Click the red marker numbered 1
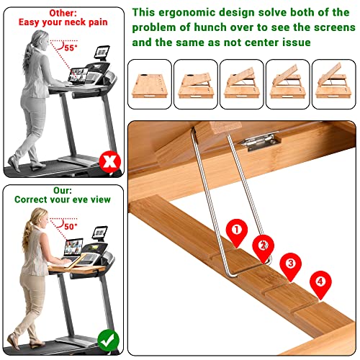(235, 230)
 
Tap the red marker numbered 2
(263, 246)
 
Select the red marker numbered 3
(290, 264)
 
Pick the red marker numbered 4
(320, 283)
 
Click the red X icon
(109, 162)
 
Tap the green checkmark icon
(108, 338)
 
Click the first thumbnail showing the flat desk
(149, 84)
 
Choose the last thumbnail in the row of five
(335, 84)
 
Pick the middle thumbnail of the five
(242, 84)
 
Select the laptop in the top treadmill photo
(78, 74)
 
